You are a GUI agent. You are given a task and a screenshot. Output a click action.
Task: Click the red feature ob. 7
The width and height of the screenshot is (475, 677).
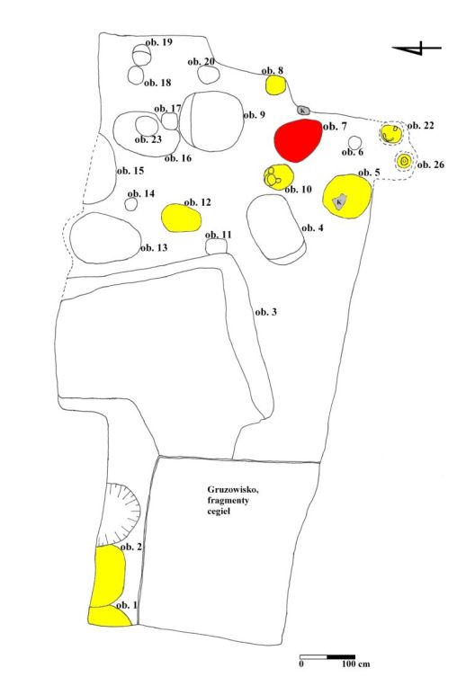tap(298, 140)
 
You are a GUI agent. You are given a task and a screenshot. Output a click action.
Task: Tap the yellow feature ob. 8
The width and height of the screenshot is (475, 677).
tap(275, 85)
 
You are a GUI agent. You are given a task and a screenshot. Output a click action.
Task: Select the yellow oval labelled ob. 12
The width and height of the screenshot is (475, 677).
tap(181, 218)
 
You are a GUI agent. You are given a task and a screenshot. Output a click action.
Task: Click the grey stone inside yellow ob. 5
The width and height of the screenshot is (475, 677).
tap(340, 201)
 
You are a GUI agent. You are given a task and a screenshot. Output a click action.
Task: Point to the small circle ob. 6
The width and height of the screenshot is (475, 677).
tap(354, 142)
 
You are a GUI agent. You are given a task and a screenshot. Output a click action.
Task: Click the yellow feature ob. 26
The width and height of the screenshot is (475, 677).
tap(404, 161)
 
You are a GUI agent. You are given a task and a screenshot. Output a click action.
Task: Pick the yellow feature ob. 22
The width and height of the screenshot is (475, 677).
tap(391, 133)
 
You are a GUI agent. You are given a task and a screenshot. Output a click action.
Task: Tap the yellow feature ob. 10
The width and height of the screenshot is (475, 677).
tap(279, 177)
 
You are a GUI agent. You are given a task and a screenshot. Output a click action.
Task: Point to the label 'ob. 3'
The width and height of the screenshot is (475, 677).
tap(265, 312)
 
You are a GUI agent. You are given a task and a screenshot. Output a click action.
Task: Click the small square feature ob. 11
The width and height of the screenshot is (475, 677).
tap(217, 247)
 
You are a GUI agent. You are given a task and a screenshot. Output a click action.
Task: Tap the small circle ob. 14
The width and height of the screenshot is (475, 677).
tap(131, 203)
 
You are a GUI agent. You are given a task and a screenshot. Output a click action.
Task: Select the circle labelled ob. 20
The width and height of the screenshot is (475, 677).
tap(208, 74)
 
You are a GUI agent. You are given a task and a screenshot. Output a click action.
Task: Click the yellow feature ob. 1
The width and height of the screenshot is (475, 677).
tap(109, 615)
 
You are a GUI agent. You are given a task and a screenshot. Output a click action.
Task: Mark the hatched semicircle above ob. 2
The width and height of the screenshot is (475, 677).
tap(118, 513)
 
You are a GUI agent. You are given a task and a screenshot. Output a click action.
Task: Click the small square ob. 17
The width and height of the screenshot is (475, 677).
tap(170, 121)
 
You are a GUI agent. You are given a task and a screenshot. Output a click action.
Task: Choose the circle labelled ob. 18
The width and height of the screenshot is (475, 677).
tap(136, 76)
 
